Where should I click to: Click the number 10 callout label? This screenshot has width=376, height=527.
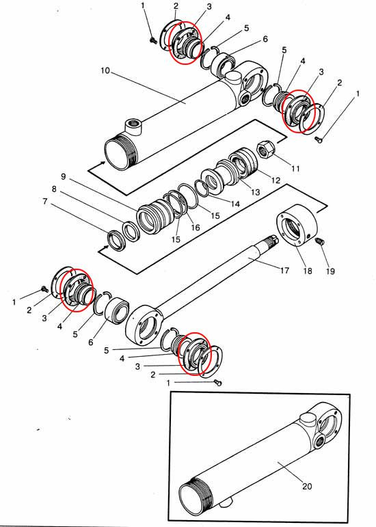tap(105, 70)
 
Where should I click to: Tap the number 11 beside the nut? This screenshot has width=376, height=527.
tap(295, 167)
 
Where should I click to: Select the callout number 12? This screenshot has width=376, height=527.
tap(276, 180)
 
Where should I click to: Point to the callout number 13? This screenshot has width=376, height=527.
tap(256, 192)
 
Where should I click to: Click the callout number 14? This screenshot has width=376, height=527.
tap(235, 204)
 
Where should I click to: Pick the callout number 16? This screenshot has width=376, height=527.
tap(196, 228)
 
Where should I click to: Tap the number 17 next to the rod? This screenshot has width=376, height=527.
tap(284, 270)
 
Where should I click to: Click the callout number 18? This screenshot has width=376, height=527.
tap(308, 271)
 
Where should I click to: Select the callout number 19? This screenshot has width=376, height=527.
tap(330, 271)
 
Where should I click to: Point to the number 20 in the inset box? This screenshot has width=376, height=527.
tap(307, 486)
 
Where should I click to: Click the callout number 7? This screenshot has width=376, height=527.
tap(45, 201)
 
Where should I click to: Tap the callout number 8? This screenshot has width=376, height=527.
tap(54, 189)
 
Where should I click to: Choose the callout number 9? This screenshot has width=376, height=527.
tap(64, 176)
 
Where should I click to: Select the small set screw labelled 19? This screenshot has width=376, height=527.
tap(320, 241)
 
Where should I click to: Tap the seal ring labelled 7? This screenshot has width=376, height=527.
tap(116, 241)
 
